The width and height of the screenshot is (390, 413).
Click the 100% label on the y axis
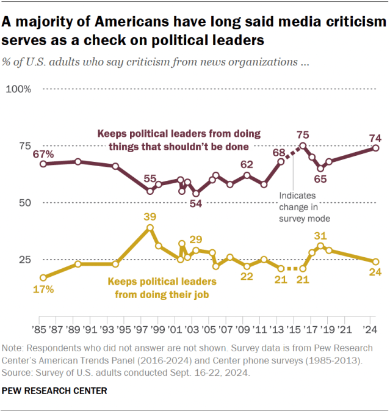18,90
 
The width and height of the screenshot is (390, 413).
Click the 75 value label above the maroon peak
303,134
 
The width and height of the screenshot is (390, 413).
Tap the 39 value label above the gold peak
150,216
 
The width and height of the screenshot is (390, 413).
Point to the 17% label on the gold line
43,290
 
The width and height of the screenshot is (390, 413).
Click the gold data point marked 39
150,227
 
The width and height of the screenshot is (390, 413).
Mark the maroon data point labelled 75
303,145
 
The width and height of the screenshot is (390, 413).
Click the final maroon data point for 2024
376,148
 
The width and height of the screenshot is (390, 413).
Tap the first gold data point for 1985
43,277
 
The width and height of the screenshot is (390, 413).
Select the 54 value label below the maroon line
197,204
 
